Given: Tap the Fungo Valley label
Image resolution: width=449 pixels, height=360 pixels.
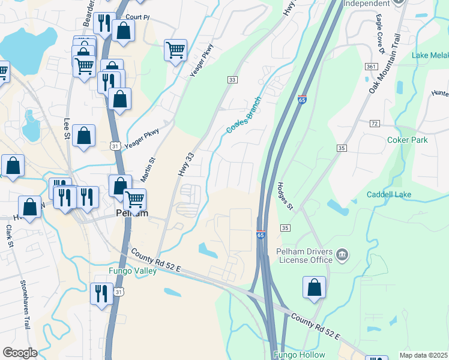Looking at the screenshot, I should (133, 271).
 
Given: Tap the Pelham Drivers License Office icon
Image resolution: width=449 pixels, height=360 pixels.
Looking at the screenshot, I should (342, 256).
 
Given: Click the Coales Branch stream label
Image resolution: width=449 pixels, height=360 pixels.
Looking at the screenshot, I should (244, 115).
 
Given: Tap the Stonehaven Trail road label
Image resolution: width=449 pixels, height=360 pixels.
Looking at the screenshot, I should (25, 304).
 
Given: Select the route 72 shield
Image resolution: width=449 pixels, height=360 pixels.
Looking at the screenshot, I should (375, 123).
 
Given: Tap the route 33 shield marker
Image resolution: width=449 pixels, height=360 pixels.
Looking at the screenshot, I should (232, 80).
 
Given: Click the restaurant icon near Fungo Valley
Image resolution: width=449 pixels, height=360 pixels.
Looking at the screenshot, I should (100, 293).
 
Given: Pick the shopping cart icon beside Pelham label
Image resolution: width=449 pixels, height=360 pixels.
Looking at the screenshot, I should (134, 198).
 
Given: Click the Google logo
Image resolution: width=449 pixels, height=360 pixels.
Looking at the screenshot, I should (20, 353).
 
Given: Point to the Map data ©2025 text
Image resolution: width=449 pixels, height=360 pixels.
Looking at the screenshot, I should (423, 355).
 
